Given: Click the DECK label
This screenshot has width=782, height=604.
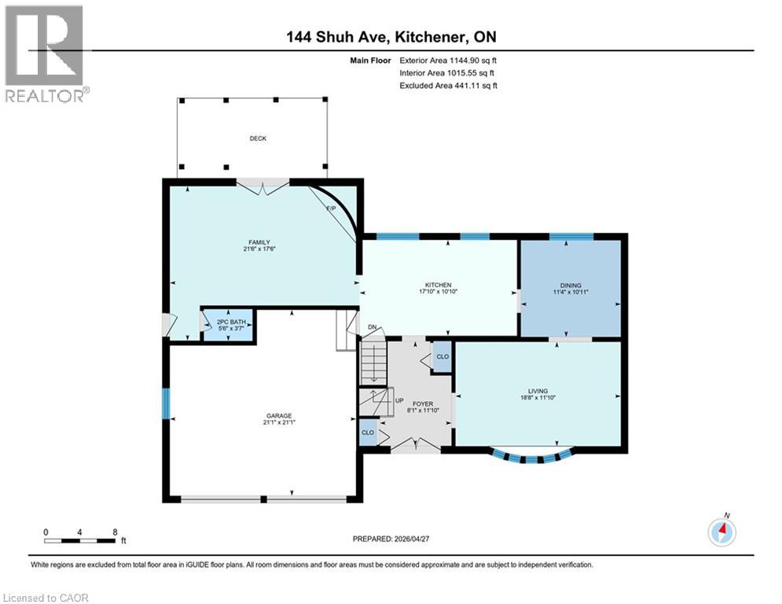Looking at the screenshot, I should point(258,138).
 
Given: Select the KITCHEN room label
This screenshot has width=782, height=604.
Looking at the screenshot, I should point(439,285).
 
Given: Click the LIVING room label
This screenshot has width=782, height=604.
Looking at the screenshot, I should point(538,391).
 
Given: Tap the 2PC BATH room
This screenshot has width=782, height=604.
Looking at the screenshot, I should point(228,324).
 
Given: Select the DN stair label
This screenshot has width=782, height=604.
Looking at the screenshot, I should point(372,328).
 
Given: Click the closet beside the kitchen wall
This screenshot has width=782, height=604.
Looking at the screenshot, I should point(442,356).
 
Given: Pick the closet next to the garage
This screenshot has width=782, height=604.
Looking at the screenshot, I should point(367,433).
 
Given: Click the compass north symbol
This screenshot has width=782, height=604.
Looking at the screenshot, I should point(721,532).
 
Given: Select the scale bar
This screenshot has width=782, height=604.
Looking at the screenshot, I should point(80,540).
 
